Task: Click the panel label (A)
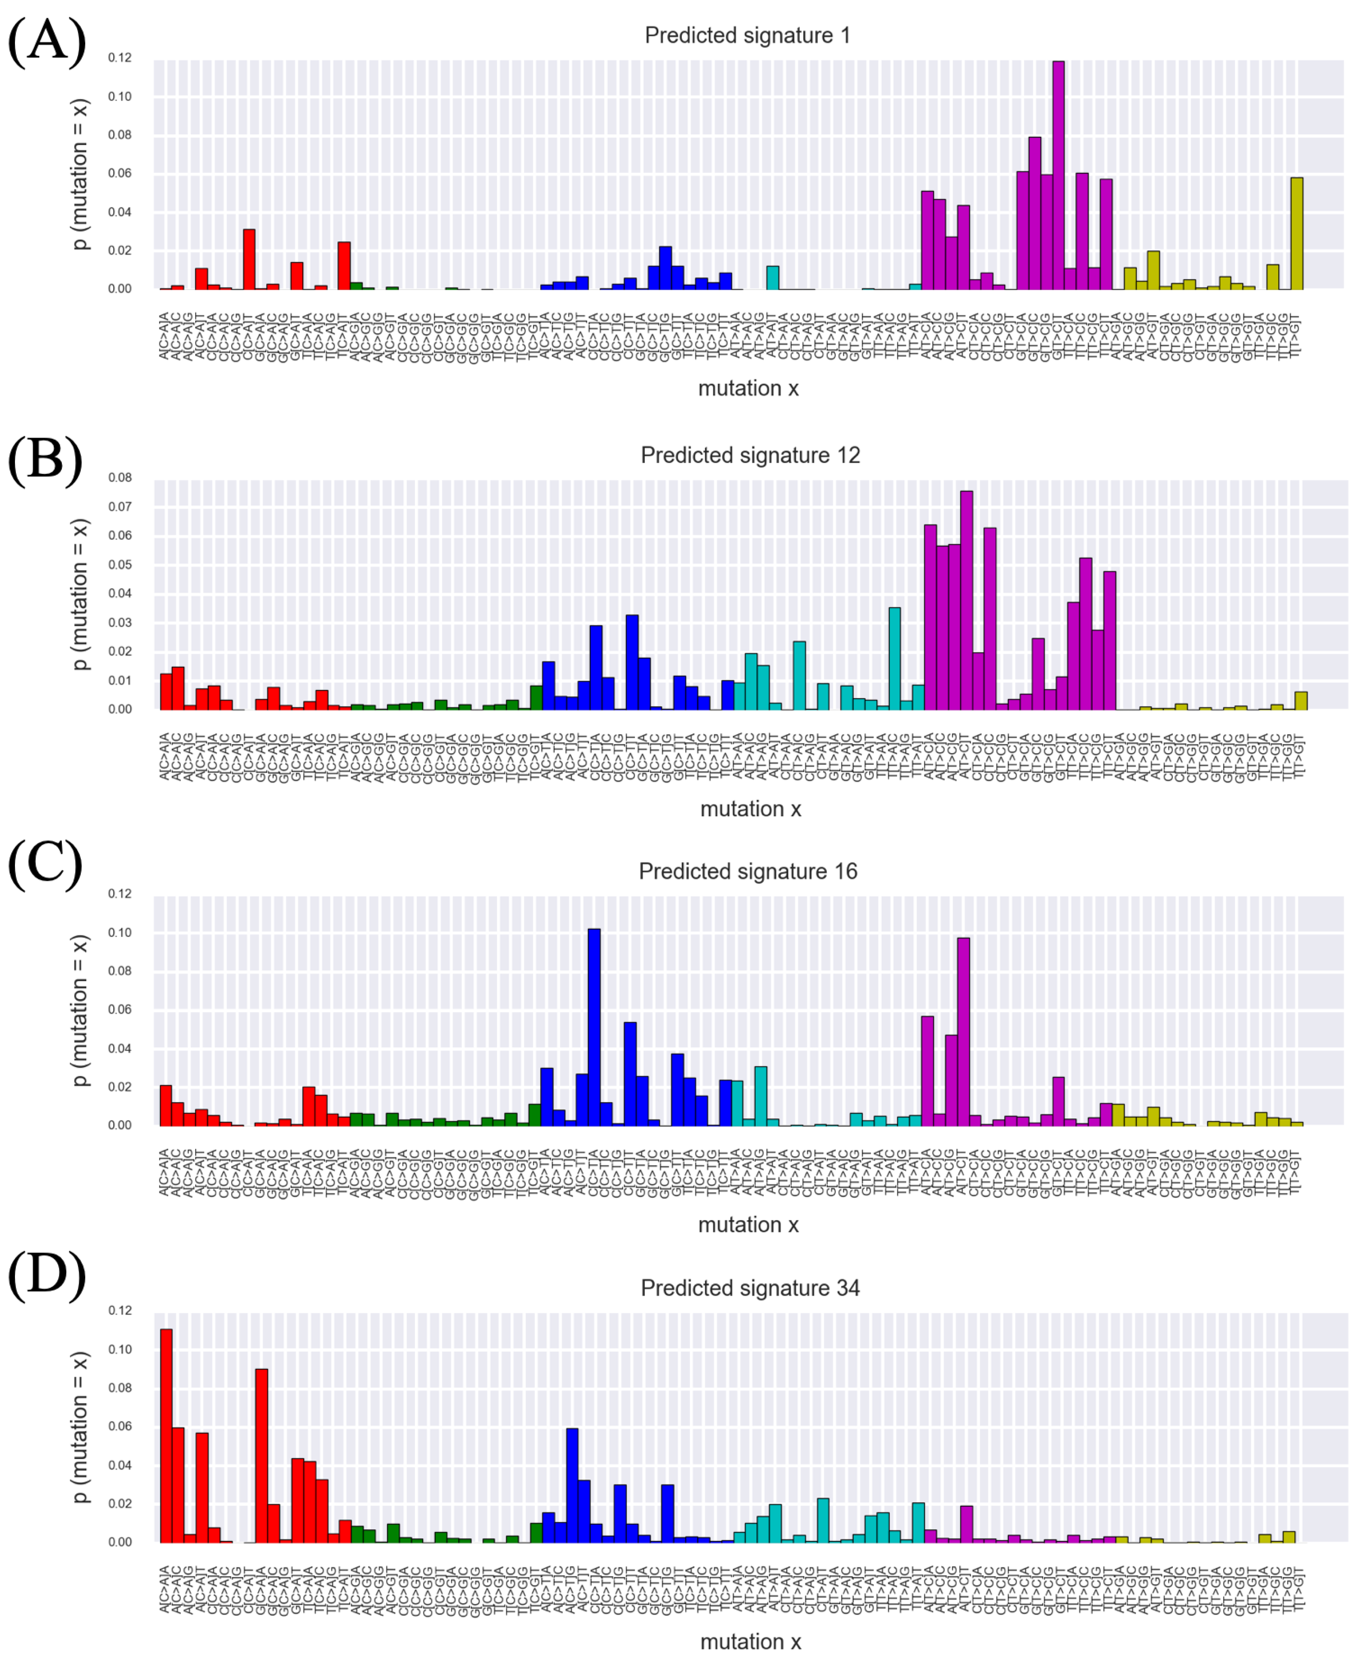click(x=47, y=41)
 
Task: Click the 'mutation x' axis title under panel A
click(x=748, y=388)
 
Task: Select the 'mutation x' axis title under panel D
click(x=750, y=1642)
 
